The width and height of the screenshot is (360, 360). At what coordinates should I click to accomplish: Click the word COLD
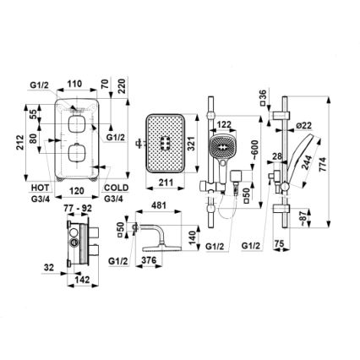[x=117, y=188]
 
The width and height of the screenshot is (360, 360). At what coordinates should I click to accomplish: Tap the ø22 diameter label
[x=305, y=125]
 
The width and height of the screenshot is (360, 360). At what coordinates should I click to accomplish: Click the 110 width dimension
[x=74, y=85]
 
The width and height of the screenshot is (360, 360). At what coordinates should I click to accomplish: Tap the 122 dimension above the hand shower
[x=224, y=125]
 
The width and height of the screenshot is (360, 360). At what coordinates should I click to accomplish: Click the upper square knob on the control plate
[x=78, y=123]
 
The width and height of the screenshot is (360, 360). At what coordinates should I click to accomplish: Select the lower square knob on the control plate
[x=78, y=153]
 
